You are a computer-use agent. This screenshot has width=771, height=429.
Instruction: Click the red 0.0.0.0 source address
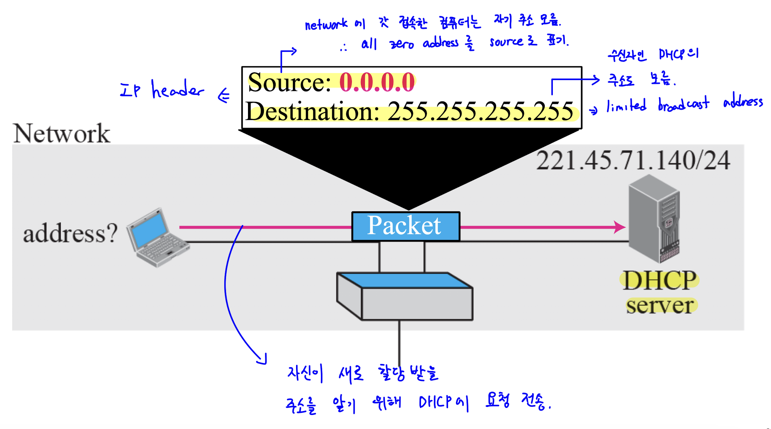[377, 82]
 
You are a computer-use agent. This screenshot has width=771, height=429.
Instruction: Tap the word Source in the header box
[289, 82]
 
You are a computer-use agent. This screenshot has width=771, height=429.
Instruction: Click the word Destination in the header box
[312, 111]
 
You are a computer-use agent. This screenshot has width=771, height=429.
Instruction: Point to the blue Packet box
[405, 226]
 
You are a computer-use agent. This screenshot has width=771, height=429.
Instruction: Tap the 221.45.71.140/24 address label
[633, 160]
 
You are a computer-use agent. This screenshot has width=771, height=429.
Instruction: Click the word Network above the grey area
[61, 133]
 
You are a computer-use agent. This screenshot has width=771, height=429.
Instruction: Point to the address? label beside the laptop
[70, 233]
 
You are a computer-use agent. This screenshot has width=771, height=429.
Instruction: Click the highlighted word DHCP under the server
[659, 280]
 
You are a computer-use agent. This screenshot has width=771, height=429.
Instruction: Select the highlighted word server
[660, 305]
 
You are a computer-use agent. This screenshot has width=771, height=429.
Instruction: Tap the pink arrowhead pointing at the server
[620, 227]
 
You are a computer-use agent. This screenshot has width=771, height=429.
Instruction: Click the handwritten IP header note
[161, 89]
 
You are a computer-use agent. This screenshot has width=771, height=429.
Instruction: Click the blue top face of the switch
[405, 280]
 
